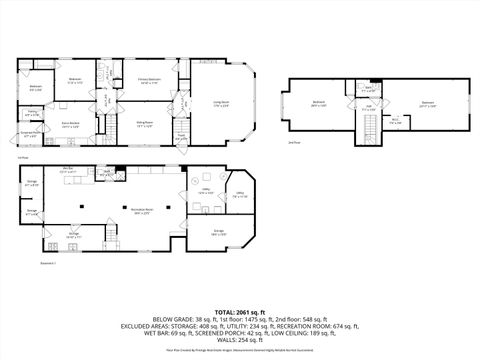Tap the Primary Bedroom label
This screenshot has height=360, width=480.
(151, 83)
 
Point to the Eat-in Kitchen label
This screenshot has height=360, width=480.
(71, 126)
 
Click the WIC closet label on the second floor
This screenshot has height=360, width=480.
(394, 119)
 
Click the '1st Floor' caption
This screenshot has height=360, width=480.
(22, 157)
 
